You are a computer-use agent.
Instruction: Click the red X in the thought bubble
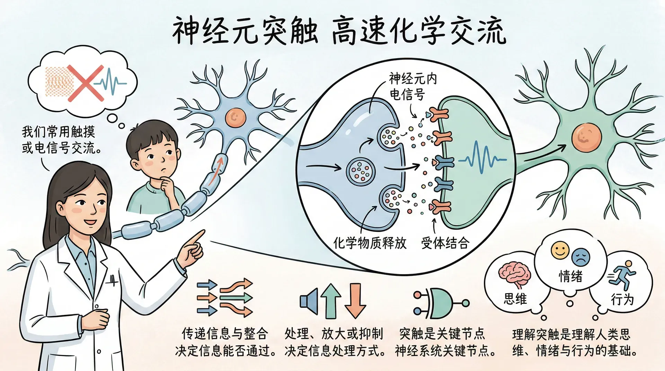coord(86,83)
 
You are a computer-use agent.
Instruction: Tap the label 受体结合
coord(445,243)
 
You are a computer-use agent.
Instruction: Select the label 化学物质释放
coord(369,243)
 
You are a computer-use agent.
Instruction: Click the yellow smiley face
coord(560,250)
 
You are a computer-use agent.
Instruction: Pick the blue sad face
coord(581,257)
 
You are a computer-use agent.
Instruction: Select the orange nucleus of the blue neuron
coord(236,118)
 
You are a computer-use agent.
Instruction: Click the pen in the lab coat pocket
coord(113,280)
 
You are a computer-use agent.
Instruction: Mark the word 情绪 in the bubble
coord(570,276)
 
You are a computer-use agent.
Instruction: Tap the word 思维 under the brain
coord(515,299)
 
